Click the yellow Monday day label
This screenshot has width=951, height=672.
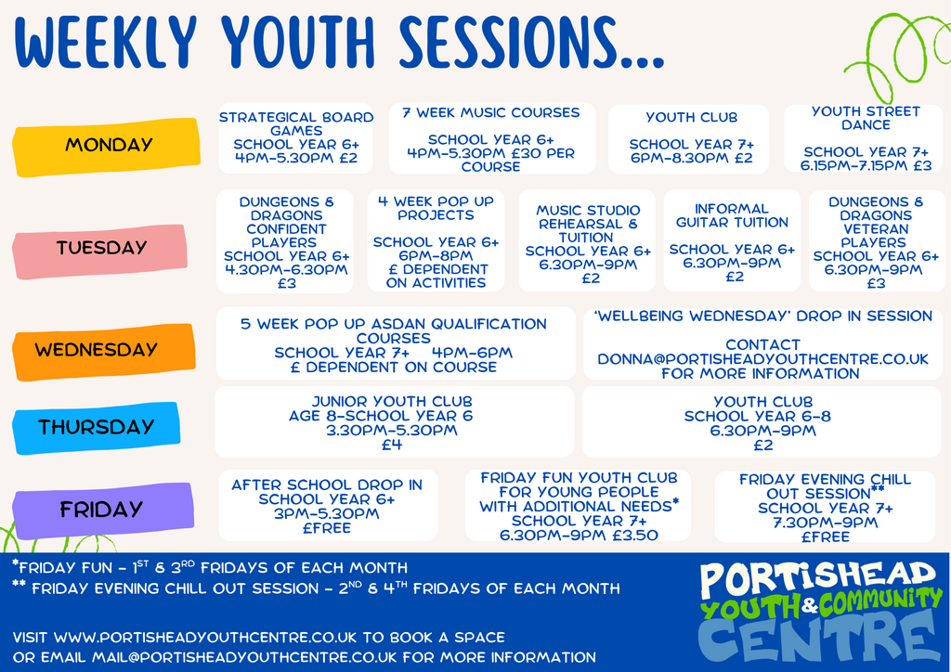click(106, 146)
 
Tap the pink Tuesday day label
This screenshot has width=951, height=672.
click(100, 251)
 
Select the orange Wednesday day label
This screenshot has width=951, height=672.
click(104, 352)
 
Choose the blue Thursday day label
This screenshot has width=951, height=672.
click(97, 428)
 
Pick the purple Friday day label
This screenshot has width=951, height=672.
click(103, 510)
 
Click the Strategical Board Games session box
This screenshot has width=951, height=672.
click(296, 138)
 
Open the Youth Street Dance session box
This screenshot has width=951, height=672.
click(865, 138)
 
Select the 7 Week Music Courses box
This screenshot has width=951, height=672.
click(492, 138)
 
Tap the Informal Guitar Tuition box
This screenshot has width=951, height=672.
click(732, 241)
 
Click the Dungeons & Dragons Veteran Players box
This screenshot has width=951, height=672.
click(877, 241)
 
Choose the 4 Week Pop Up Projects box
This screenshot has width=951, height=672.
click(436, 241)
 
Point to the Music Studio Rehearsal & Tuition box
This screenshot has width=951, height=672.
click(587, 241)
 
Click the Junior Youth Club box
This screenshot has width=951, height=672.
click(394, 421)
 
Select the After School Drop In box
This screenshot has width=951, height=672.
click(328, 505)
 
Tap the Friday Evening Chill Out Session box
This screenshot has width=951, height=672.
click(825, 507)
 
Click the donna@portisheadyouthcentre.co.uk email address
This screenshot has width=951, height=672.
click(763, 359)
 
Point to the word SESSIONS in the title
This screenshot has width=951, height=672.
click(532, 42)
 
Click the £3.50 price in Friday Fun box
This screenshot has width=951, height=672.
click(634, 536)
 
